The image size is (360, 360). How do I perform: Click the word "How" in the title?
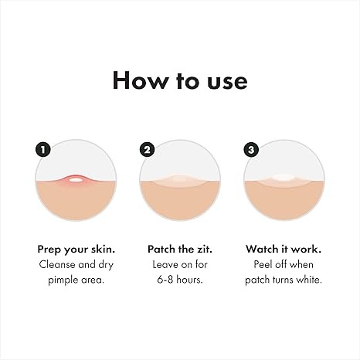click(x=140, y=80)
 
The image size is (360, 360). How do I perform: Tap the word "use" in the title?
click(x=227, y=82)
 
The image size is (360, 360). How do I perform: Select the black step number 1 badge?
click(x=42, y=150)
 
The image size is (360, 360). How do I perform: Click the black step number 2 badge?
click(x=147, y=150)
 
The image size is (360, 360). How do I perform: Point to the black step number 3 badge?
click(x=251, y=150)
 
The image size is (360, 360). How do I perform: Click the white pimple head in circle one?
click(x=75, y=180)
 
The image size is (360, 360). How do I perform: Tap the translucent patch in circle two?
click(x=180, y=181)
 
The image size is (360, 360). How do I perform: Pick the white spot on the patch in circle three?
click(x=284, y=178)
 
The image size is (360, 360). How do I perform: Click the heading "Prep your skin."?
click(x=76, y=250)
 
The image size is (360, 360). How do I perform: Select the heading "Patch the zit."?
click(x=180, y=250)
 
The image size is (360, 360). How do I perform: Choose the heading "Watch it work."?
click(x=284, y=250)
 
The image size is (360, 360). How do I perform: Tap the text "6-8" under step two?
click(x=165, y=280)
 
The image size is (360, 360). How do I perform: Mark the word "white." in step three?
click(x=309, y=280)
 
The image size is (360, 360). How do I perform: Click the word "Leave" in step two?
click(x=165, y=265)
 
